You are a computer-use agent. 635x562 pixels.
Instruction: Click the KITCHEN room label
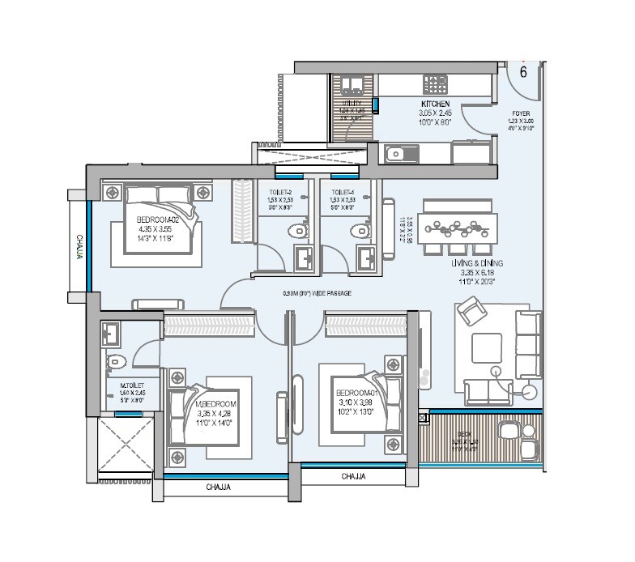pos(435,104)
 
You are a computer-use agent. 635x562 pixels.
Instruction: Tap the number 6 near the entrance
pos(523,71)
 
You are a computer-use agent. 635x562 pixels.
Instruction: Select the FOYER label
pos(521,113)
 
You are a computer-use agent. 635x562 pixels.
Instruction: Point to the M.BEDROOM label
pos(215,404)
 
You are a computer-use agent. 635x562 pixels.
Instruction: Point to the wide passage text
pos(317,294)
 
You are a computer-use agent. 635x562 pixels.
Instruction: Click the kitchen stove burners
pos(435,84)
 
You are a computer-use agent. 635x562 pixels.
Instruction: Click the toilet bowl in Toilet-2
pos(300,231)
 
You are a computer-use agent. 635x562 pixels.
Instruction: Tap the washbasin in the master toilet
pos(111,330)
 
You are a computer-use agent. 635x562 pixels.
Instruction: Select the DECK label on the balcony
pos(464,435)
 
